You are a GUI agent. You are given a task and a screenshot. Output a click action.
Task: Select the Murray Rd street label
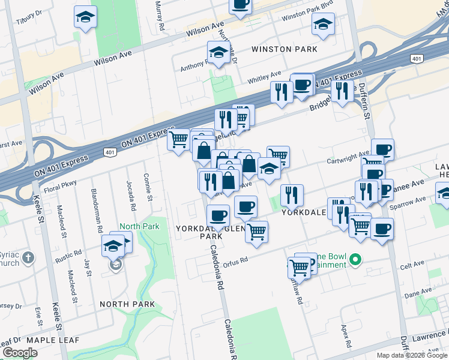(x=160, y=15)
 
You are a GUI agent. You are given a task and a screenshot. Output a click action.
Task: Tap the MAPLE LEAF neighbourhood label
(x=44, y=340)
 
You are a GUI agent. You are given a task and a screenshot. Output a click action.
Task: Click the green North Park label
(x=139, y=226)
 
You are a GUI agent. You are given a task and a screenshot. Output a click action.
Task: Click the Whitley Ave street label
(x=261, y=78)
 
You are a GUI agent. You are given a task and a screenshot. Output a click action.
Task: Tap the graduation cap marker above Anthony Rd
(x=219, y=52)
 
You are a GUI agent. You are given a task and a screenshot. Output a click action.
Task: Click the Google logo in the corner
(x=20, y=353)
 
